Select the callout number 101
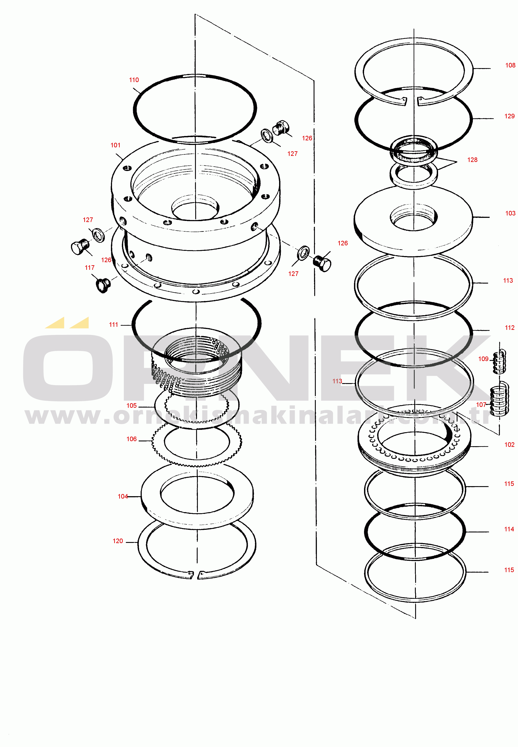pyautogui.click(x=115, y=145)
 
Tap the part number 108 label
pyautogui.click(x=510, y=65)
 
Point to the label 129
pyautogui.click(x=509, y=116)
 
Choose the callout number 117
pyautogui.click(x=90, y=268)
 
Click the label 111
pyautogui.click(x=113, y=325)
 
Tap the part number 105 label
pyautogui.click(x=131, y=406)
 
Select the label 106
pyautogui.click(x=131, y=439)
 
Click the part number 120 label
pyautogui.click(x=118, y=541)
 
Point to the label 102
pyautogui.click(x=509, y=445)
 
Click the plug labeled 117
pyautogui.click(x=103, y=285)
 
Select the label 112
pyautogui.click(x=509, y=328)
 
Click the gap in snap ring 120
pyautogui.click(x=196, y=575)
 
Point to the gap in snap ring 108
pyautogui.click(x=412, y=101)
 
